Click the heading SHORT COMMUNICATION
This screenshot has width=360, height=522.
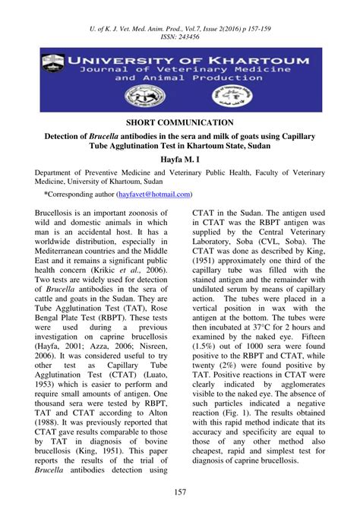coord(179,122)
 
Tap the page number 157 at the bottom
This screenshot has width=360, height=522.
coord(180,494)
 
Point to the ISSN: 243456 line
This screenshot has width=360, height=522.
coord(180,36)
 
